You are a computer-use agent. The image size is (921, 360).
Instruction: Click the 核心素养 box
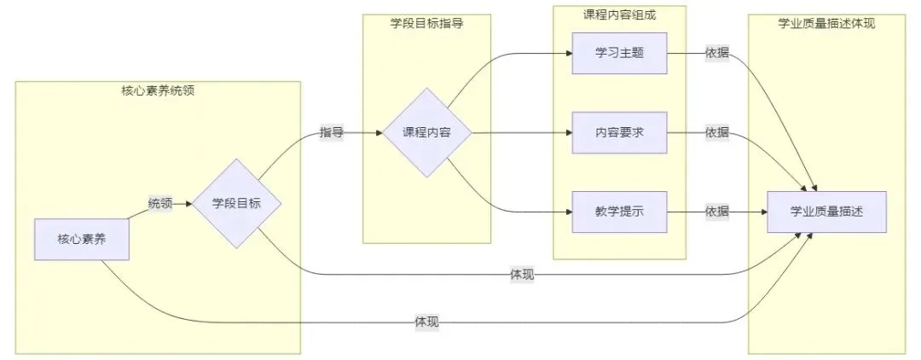(x=82, y=240)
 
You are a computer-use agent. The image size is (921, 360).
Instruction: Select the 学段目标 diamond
(x=236, y=204)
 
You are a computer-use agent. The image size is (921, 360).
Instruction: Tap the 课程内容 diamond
(x=426, y=133)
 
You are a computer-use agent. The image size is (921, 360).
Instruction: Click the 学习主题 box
(x=618, y=53)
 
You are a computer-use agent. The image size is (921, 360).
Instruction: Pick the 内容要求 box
(x=618, y=132)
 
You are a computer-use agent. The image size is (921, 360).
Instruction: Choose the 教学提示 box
(x=618, y=212)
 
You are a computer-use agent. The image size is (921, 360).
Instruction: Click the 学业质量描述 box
(x=826, y=212)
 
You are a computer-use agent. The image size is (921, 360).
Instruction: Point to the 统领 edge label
(x=160, y=204)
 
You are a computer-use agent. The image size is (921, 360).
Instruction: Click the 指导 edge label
(x=332, y=133)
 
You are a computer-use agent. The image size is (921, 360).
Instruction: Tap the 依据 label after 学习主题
(x=717, y=53)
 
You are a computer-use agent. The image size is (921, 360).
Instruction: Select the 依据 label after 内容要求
(x=717, y=132)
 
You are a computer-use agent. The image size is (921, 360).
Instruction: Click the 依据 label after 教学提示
(x=717, y=212)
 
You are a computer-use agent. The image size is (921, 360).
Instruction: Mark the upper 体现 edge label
(x=522, y=275)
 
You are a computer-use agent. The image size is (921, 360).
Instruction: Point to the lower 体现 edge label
(x=426, y=322)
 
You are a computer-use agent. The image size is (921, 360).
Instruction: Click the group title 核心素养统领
(x=159, y=90)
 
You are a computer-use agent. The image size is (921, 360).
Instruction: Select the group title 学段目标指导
(x=426, y=24)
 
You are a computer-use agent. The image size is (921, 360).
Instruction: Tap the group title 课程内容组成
(x=620, y=14)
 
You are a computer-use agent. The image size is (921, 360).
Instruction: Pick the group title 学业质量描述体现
(x=826, y=24)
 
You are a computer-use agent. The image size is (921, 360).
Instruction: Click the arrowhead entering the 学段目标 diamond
(x=188, y=204)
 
